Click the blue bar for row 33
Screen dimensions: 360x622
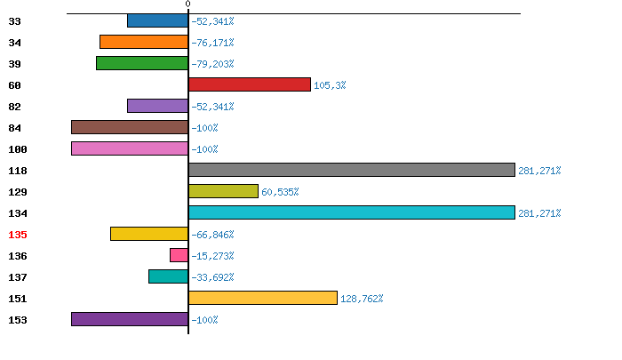coord(157,20)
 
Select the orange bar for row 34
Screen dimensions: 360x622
coord(144,42)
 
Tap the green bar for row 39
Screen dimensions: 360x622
coord(142,63)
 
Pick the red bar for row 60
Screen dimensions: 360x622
coord(250,84)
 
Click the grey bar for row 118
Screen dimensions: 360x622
coord(352,170)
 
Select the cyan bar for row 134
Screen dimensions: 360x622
coord(352,212)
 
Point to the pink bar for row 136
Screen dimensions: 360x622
coord(179,255)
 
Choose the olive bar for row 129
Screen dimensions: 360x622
coord(223,191)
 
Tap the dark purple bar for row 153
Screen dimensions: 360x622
coord(130,319)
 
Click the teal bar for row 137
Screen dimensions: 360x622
coord(168,276)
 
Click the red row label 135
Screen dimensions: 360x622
coord(18,235)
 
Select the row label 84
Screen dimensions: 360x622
coord(14,128)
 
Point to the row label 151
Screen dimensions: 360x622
coord(18,299)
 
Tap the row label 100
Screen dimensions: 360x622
coord(18,149)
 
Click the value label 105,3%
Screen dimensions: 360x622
coord(330,85)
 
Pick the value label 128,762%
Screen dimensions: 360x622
coord(362,299)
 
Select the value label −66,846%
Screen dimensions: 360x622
coord(212,235)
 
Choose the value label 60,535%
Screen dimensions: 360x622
coord(280,192)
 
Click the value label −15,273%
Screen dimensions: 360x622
coord(212,256)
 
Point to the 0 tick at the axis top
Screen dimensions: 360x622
coord(187,4)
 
